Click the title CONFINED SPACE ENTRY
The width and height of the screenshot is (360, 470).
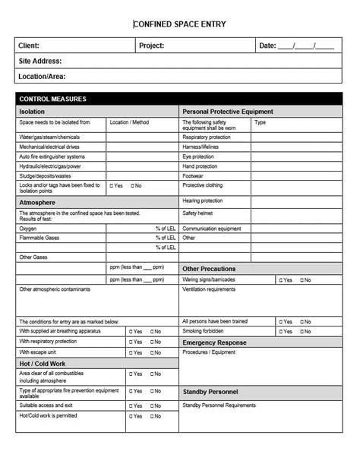point(180,24)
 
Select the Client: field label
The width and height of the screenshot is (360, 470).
point(29,46)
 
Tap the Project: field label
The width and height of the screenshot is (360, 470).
point(151,46)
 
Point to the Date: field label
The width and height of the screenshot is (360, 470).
point(267,46)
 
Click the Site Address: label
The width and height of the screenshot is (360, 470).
point(39,61)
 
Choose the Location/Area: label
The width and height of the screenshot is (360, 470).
point(42,76)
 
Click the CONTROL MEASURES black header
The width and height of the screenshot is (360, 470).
point(52,99)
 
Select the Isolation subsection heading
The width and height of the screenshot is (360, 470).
point(32,112)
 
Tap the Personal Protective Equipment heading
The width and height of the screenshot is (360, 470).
point(228,112)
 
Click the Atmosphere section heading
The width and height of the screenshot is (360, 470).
point(36,203)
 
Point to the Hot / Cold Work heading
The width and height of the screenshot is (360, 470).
point(43,364)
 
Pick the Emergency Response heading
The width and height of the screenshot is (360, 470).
point(214,342)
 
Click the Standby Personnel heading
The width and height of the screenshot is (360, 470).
point(210,392)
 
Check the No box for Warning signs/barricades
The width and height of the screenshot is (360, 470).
point(302,280)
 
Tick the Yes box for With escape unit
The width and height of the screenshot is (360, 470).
point(131,353)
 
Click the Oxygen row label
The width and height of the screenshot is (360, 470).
point(27,228)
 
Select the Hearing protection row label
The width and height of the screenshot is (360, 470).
point(202,200)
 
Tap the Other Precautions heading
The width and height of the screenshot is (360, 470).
point(209,269)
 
